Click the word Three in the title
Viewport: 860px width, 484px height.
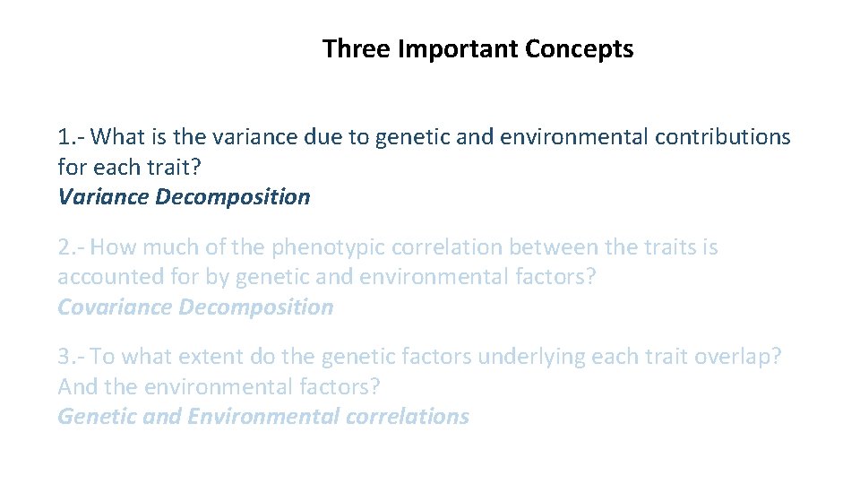click(357, 48)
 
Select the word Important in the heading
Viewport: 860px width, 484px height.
click(458, 48)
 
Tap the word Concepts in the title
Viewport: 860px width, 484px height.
click(580, 48)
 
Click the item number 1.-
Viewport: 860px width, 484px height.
click(71, 137)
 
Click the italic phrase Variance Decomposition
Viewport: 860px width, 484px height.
click(184, 196)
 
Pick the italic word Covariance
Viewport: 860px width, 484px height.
click(115, 307)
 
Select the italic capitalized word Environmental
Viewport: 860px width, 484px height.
click(263, 417)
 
